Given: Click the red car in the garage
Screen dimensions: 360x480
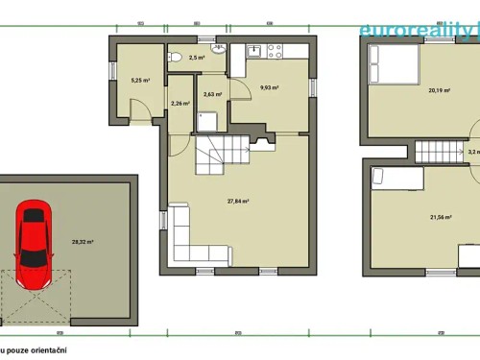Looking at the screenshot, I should click(x=32, y=234).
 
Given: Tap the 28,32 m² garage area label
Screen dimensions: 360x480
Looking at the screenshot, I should click(x=84, y=243).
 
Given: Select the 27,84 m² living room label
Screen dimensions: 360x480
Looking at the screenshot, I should click(x=238, y=202).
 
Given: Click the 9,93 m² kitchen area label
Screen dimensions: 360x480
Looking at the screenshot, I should click(x=269, y=87).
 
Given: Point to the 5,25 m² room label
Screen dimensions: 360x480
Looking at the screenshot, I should click(x=139, y=81).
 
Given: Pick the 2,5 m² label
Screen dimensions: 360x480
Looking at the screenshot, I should click(x=197, y=59).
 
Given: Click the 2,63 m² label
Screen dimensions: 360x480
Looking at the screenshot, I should click(x=212, y=94).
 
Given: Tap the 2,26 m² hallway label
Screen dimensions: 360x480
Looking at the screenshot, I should click(x=180, y=104).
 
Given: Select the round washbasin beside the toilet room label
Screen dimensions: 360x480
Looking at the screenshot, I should click(x=219, y=48).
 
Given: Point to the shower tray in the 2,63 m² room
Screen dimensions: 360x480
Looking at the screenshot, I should click(x=208, y=120).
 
